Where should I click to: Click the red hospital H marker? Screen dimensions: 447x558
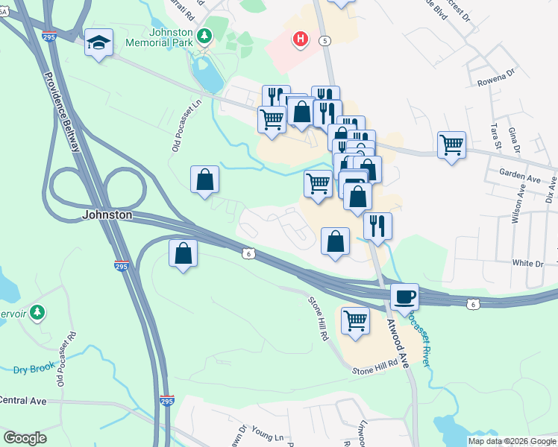coord(301,38)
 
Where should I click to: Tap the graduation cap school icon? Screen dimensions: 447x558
coord(98,42)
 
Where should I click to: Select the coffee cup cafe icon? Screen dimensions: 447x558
coord(404,297)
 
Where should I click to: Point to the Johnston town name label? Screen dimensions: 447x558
coord(107,215)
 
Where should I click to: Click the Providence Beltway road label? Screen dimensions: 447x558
coord(61,112)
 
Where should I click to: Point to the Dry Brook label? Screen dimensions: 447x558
coord(31,370)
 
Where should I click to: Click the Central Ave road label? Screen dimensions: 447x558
coord(22,401)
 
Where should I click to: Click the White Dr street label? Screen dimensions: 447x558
coord(527,264)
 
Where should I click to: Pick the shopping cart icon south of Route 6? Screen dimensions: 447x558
coord(356,320)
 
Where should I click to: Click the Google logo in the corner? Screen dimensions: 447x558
coord(25,438)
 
